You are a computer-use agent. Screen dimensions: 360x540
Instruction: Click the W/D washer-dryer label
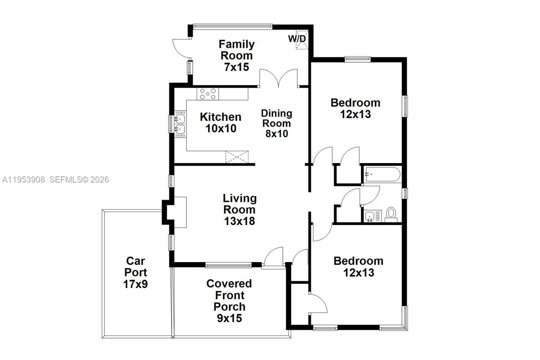[297, 39]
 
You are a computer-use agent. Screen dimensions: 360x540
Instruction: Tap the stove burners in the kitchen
[208, 94]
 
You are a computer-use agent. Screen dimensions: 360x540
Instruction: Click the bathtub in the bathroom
[382, 175]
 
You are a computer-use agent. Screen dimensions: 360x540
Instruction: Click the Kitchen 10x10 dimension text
[221, 129]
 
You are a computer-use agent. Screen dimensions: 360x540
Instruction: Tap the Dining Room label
[276, 118]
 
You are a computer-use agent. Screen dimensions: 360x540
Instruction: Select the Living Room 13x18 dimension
[240, 221]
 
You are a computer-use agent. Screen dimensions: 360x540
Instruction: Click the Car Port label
[135, 267]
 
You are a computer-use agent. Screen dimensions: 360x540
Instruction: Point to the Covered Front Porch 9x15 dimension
[229, 318]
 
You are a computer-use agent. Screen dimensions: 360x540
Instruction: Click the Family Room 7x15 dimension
[236, 67]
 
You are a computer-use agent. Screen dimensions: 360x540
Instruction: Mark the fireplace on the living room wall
[176, 212]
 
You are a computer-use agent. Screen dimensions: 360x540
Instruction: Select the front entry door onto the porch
[273, 258]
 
